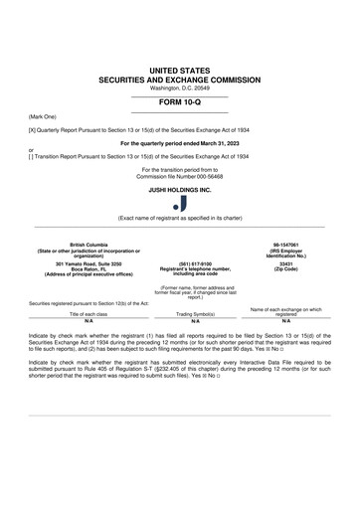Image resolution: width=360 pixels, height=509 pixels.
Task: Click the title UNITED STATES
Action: coord(179,68)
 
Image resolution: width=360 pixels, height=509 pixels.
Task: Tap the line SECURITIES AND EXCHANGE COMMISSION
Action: coord(179,78)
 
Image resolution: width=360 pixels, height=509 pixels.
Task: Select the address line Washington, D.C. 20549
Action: coord(179,86)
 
